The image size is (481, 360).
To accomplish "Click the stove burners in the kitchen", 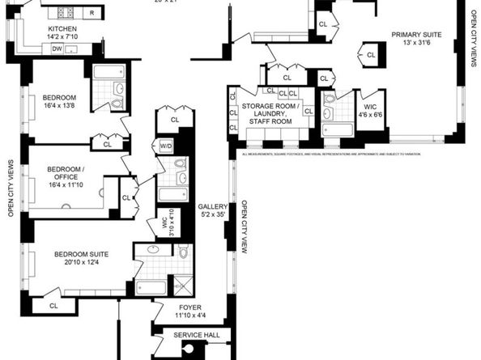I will (64, 13).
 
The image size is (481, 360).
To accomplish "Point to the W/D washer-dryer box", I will (166, 146).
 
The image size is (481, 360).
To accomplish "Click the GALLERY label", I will (213, 207).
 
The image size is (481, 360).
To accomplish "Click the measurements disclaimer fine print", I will (348, 153).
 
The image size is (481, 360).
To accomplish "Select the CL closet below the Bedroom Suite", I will (53, 305).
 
